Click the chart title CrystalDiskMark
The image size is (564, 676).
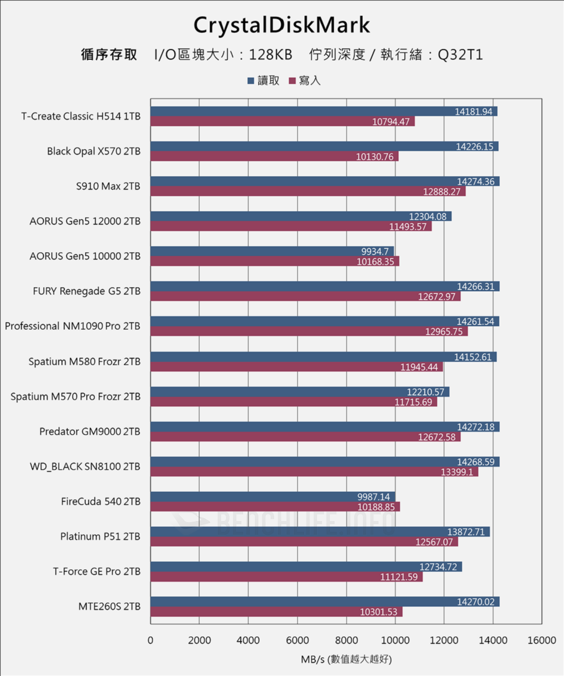pyautogui.click(x=281, y=25)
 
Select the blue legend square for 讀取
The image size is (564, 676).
pyautogui.click(x=250, y=81)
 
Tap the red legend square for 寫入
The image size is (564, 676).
pyautogui.click(x=292, y=81)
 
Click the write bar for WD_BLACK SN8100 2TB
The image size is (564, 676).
pyautogui.click(x=314, y=472)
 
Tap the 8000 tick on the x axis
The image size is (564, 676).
pyautogui.click(x=346, y=641)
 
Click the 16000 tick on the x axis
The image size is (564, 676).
pyautogui.click(x=541, y=641)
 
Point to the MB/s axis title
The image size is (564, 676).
pyautogui.click(x=346, y=659)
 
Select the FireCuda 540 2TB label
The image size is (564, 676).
pyautogui.click(x=101, y=501)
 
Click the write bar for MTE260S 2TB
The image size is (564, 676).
pyautogui.click(x=276, y=612)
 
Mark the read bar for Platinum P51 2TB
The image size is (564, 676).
pyautogui.click(x=319, y=531)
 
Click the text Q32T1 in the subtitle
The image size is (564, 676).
pyautogui.click(x=461, y=55)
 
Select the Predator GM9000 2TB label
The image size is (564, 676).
pyautogui.click(x=90, y=432)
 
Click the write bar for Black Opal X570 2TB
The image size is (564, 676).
pyautogui.click(x=274, y=157)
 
